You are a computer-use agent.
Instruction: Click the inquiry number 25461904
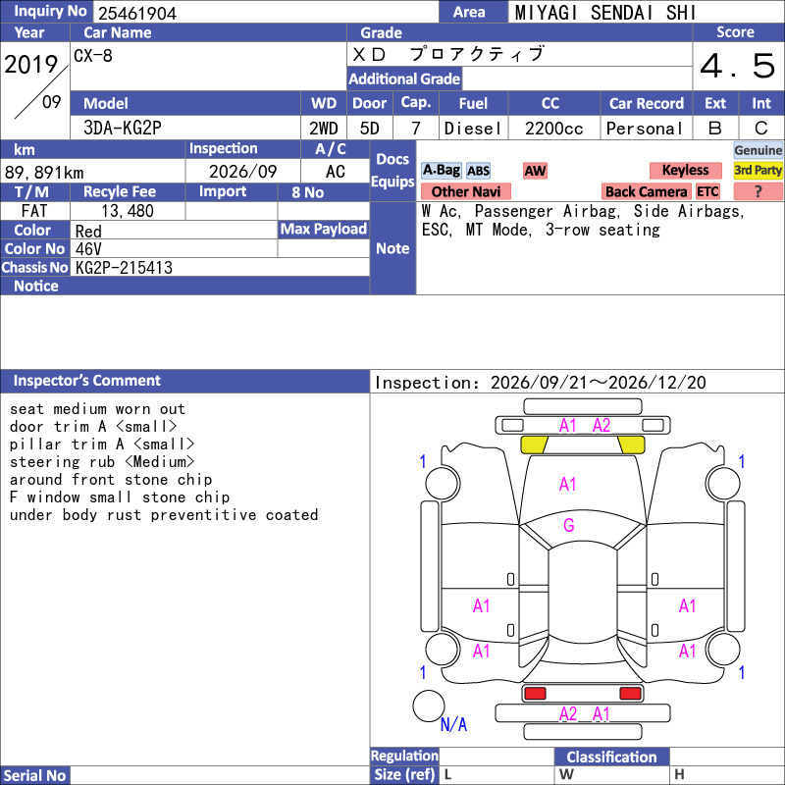[137, 13]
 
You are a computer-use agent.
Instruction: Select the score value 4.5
[738, 66]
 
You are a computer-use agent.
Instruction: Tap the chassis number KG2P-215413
[124, 268]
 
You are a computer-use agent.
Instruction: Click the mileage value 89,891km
[44, 173]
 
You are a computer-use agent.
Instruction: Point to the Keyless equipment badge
[685, 170]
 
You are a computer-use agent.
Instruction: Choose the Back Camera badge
[646, 191]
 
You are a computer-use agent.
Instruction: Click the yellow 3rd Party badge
[758, 170]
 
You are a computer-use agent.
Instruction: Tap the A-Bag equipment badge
[441, 170]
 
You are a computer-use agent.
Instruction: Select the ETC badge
[707, 191]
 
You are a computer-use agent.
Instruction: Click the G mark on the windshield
[569, 525]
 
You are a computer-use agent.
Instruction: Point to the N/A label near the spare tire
[453, 724]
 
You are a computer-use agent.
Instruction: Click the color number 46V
[88, 249]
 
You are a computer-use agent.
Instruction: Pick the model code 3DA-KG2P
[123, 129]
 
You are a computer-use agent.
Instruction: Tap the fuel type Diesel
[473, 129]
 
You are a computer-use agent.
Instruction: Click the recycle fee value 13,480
[128, 211]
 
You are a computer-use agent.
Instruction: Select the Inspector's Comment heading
[86, 381]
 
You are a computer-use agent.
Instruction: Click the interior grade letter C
[761, 129]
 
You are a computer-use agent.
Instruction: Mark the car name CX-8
[93, 56]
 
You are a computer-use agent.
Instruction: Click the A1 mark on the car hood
[568, 484]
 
